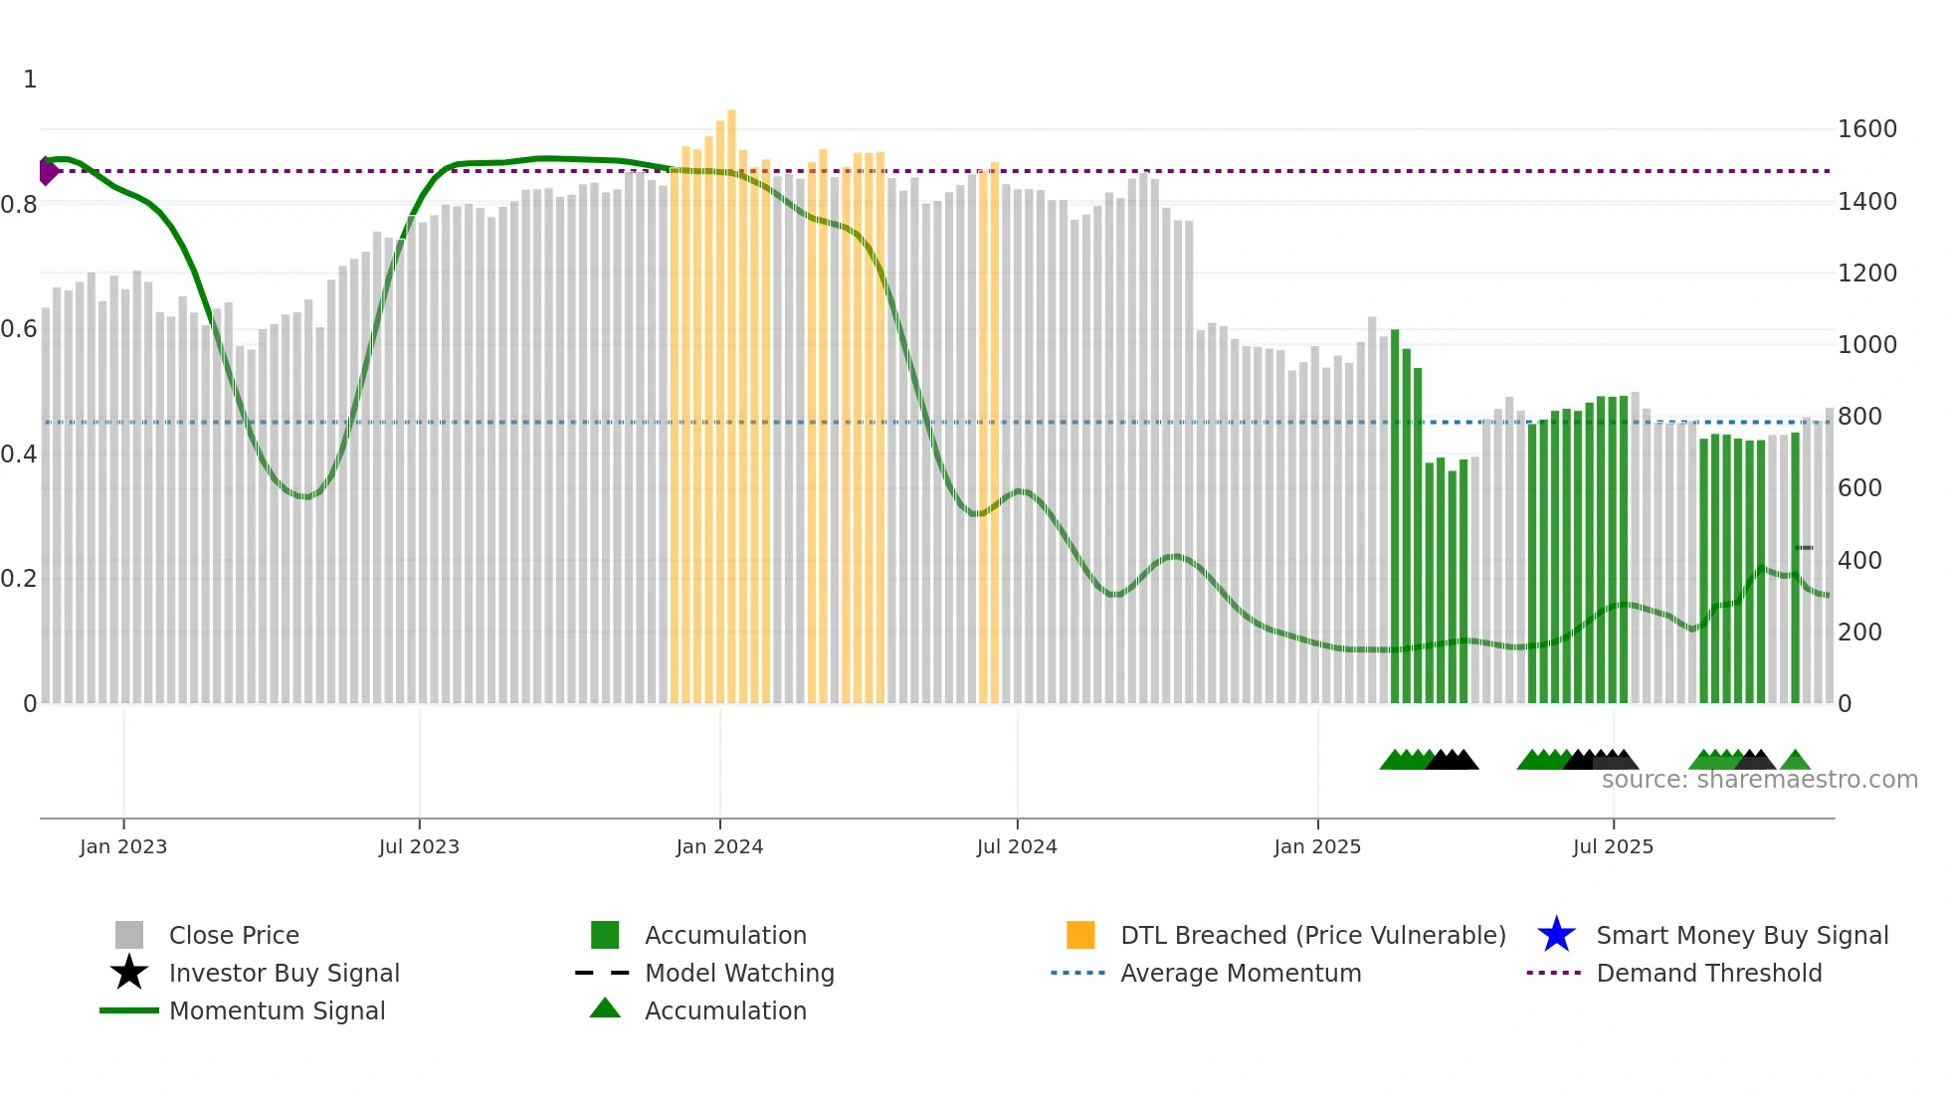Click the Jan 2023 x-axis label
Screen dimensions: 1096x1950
(x=123, y=846)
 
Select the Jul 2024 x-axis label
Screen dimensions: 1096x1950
(x=1017, y=846)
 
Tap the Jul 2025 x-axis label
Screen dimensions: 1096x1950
(x=1613, y=846)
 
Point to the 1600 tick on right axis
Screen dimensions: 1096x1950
(x=1866, y=129)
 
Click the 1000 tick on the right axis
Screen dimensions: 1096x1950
(x=1866, y=345)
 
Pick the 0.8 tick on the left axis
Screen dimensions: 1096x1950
(x=19, y=205)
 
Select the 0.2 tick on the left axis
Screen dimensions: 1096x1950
(x=19, y=579)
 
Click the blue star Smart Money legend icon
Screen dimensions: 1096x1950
(x=1556, y=935)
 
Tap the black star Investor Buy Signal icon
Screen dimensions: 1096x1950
(x=129, y=973)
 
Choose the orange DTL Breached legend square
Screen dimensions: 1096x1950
(x=1080, y=935)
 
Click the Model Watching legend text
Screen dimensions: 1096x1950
(x=739, y=973)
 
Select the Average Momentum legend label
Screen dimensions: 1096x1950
(x=1241, y=973)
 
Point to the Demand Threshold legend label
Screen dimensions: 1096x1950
(x=1708, y=973)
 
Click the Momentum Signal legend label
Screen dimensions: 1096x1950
(x=277, y=1010)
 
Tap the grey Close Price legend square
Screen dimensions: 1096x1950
(x=129, y=935)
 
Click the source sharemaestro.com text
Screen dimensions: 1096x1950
(x=1759, y=780)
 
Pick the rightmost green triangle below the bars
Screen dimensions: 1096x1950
(x=1795, y=761)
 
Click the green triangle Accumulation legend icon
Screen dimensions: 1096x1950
(x=605, y=1008)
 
